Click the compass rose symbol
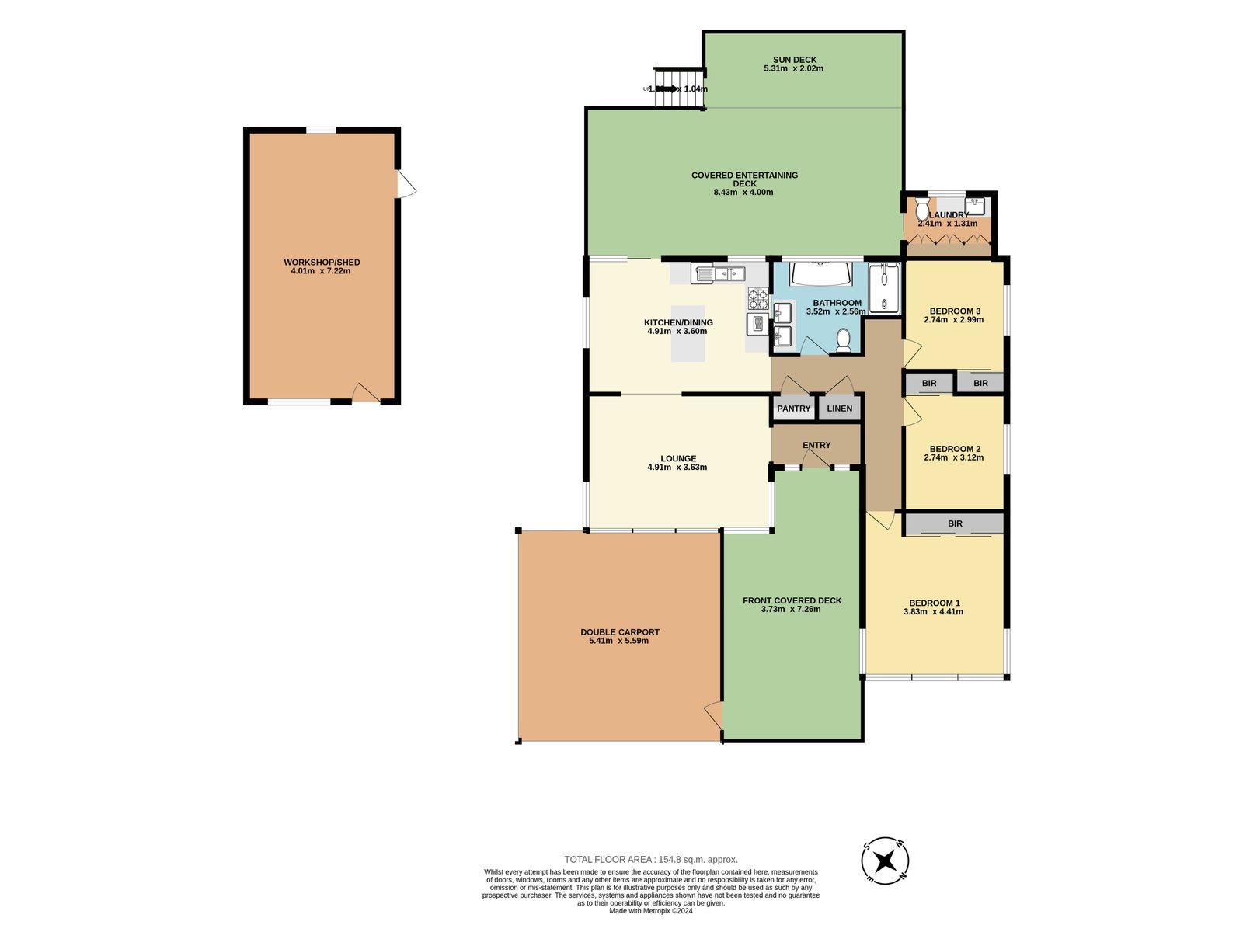pos(885,861)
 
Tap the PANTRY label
pos(793,409)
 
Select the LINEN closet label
pos(839,409)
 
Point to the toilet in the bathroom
pos(842,339)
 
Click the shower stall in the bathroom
pos(884,288)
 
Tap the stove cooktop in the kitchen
pos(757,298)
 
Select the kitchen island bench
pos(688,334)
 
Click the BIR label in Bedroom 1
pos(955,524)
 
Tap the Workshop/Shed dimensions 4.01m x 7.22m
pos(321,271)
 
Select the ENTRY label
pos(816,445)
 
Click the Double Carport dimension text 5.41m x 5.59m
pos(619,641)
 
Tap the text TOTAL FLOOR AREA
pos(610,859)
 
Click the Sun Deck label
pos(794,60)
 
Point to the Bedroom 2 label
pos(955,449)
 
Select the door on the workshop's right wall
pos(406,184)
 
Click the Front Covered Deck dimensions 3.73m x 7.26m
pos(791,610)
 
